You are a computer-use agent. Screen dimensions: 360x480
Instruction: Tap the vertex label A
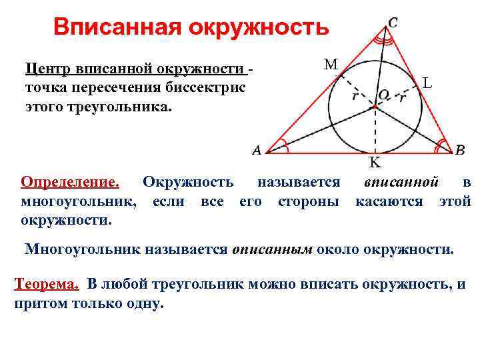[257, 151]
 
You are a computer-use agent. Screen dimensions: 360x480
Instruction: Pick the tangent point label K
[375, 162]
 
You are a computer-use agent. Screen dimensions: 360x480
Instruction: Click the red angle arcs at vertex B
[441, 145]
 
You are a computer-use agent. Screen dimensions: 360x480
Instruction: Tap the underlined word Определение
[70, 182]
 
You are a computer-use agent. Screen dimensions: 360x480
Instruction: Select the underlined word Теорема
[46, 284]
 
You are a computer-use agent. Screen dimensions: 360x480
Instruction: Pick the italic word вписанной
[401, 182]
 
